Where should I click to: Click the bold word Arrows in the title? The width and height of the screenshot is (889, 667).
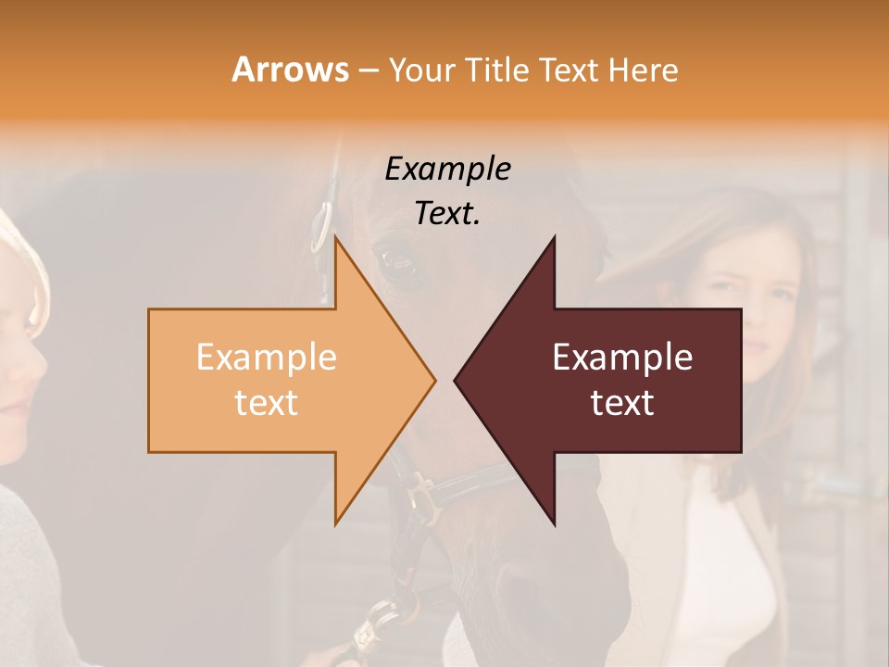[x=290, y=69]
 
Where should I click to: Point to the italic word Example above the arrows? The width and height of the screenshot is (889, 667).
[x=448, y=169]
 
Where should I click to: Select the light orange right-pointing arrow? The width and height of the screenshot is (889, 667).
[x=278, y=380]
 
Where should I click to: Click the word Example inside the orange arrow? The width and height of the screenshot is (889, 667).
[x=266, y=358]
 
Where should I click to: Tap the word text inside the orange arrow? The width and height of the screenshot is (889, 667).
[x=266, y=403]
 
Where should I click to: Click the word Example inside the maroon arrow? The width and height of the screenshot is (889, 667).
[x=622, y=358]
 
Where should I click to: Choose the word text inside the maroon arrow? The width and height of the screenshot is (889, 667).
[x=622, y=403]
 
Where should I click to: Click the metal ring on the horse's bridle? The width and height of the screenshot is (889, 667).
[x=320, y=227]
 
